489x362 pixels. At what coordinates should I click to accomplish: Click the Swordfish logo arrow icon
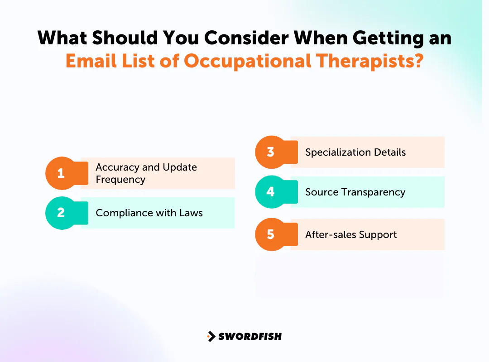[x=211, y=336]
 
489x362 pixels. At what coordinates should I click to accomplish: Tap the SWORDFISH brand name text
[x=250, y=336]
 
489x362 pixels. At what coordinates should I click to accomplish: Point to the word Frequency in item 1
[x=120, y=180]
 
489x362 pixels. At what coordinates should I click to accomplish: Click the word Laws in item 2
[x=191, y=213]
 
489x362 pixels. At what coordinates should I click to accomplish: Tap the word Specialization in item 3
[x=337, y=152]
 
